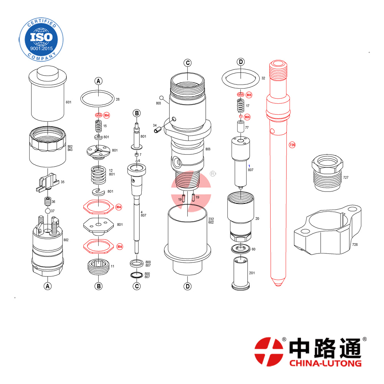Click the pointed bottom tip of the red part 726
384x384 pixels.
point(278,286)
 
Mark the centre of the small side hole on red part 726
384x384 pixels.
point(272,131)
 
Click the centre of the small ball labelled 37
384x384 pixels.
point(48,211)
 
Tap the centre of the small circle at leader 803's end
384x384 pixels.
point(161,98)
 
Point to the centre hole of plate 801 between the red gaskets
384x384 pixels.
point(98,225)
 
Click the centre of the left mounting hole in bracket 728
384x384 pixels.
point(305,231)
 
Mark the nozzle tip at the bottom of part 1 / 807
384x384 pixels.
point(241,188)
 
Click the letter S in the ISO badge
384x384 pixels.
point(41,37)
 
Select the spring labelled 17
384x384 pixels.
point(241,105)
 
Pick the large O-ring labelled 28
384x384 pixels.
point(98,98)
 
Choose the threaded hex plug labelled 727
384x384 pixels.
point(328,173)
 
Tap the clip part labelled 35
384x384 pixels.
point(47,182)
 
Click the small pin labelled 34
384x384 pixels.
point(157,130)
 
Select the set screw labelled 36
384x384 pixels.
point(48,201)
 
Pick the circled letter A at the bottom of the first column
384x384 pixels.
point(48,286)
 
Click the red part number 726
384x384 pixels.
point(292,145)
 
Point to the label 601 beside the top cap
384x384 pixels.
point(69,102)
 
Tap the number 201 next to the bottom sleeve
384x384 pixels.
point(252,273)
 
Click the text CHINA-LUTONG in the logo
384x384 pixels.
point(325,363)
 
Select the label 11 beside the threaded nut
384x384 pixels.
point(113,266)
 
